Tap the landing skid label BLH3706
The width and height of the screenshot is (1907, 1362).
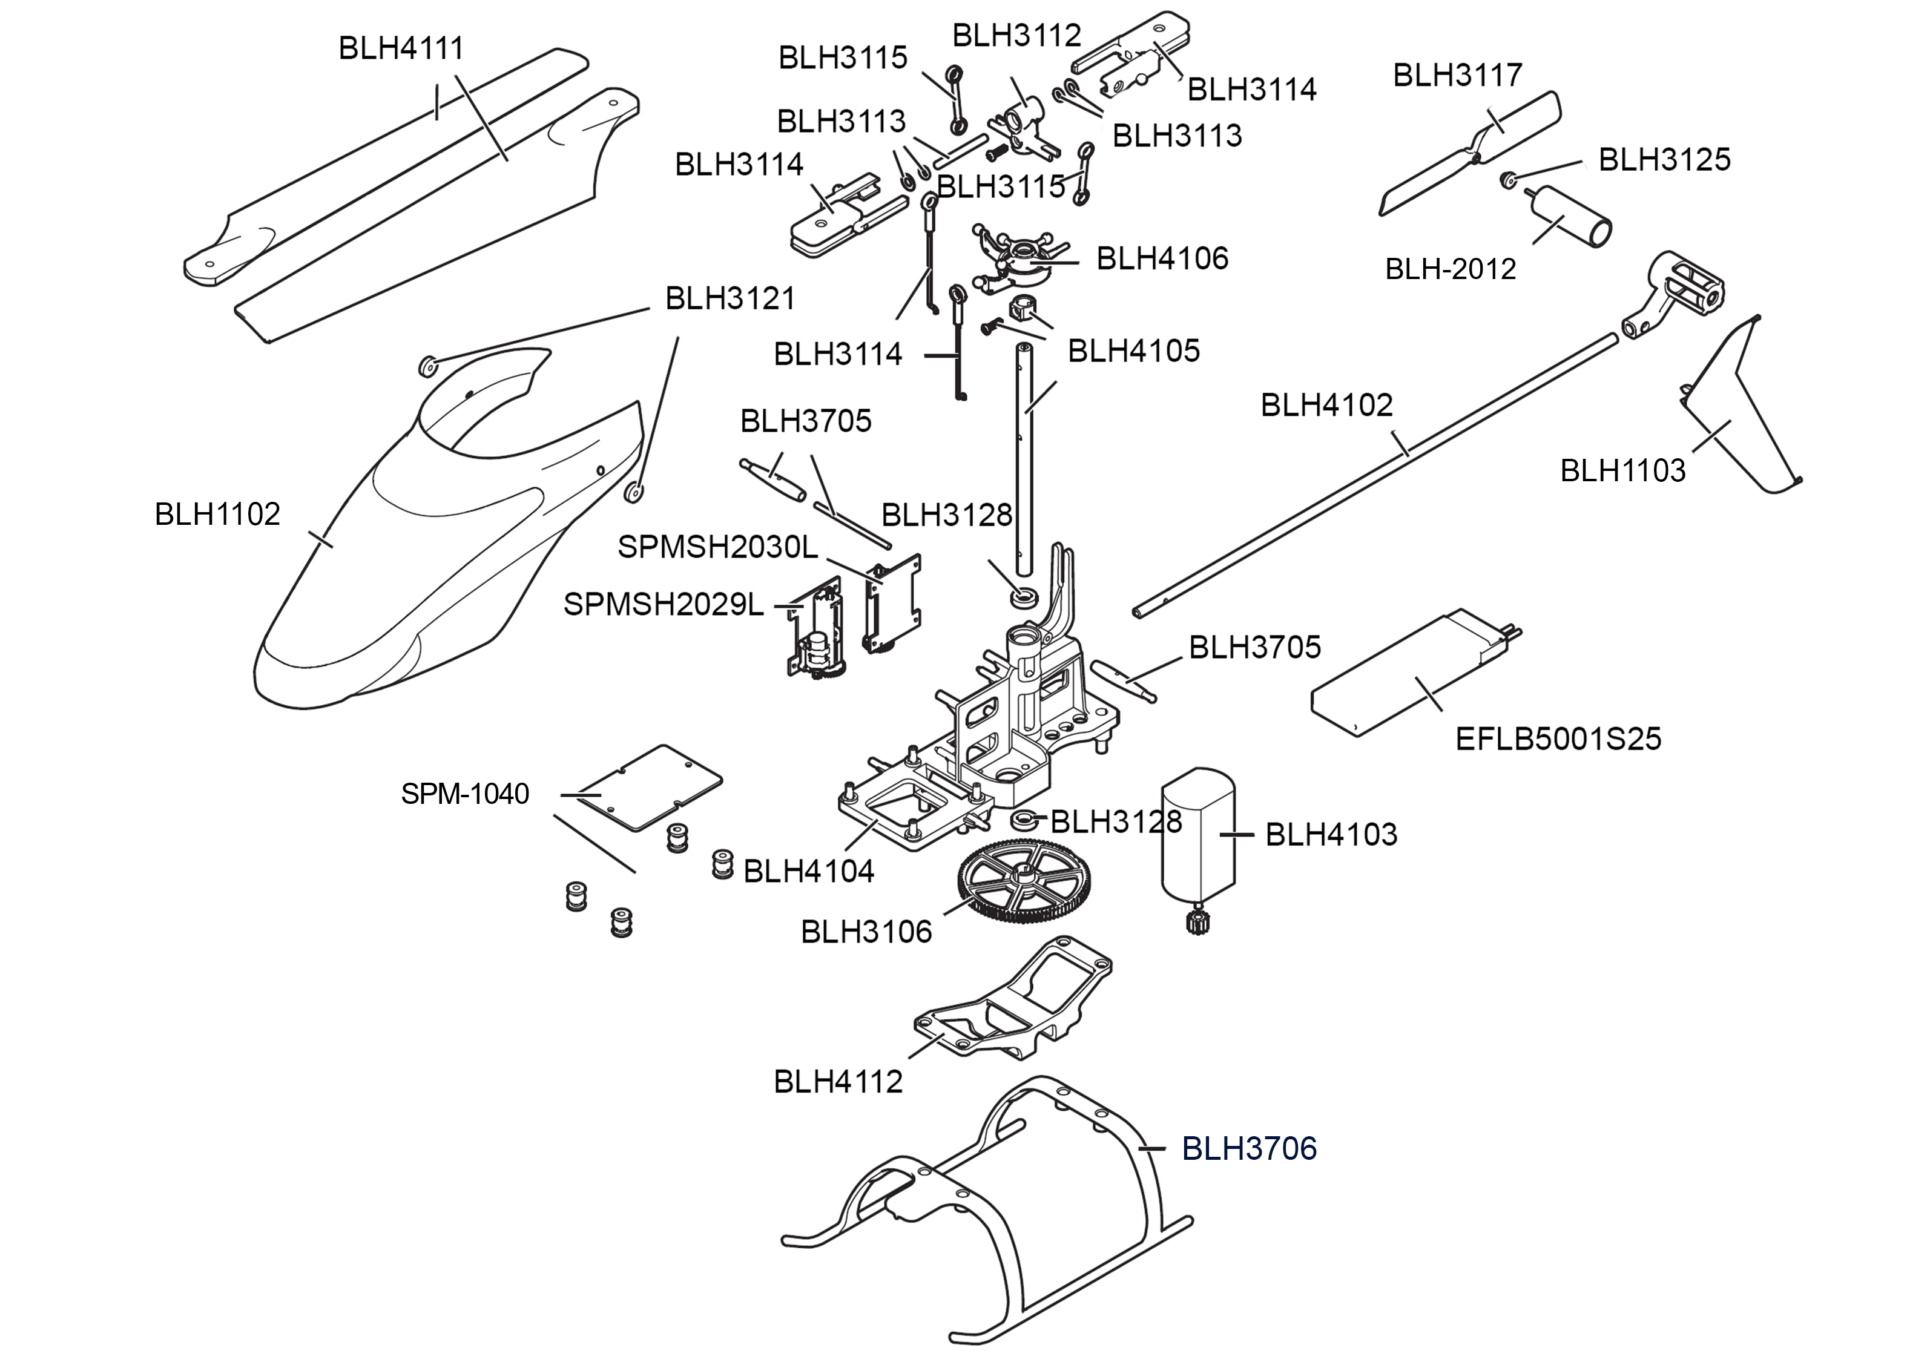click(1249, 1148)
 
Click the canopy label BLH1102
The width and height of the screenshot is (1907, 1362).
click(217, 514)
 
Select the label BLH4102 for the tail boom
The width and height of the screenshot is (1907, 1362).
click(1326, 405)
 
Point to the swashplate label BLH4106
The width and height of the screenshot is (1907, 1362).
click(1162, 258)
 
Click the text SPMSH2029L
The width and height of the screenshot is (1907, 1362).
click(664, 605)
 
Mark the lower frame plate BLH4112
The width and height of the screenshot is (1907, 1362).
click(1015, 1007)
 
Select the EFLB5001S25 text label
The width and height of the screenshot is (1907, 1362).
click(1557, 739)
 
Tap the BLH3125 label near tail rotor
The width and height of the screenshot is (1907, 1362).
click(1664, 159)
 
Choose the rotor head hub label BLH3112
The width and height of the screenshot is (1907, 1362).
click(1016, 36)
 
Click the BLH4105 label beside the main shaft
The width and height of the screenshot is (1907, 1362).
click(1133, 350)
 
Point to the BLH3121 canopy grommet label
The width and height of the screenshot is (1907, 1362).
click(730, 298)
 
